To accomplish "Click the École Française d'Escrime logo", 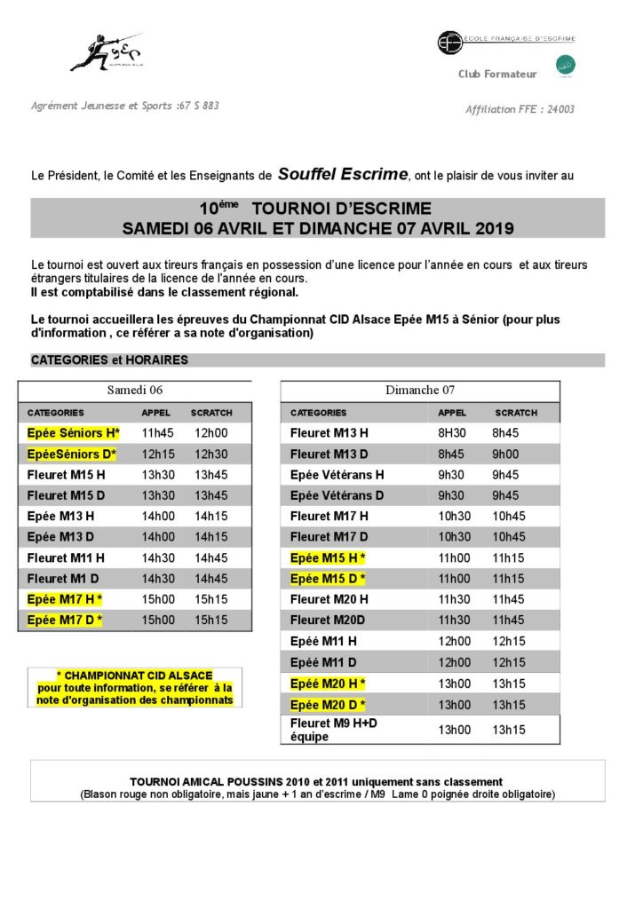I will pyautogui.click(x=505, y=40).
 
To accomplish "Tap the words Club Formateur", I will pyautogui.click(x=495, y=74).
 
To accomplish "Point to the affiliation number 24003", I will pyautogui.click(x=560, y=109).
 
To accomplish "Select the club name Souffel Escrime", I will pyautogui.click(x=343, y=174).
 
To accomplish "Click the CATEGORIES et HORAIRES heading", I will pyautogui.click(x=109, y=360).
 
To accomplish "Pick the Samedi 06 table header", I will pyautogui.click(x=135, y=390).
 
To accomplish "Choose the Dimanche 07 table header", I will pyautogui.click(x=420, y=390).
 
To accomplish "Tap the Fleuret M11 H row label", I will pyautogui.click(x=66, y=557).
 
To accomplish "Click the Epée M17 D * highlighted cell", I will pyautogui.click(x=65, y=620).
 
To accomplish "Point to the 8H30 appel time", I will pyautogui.click(x=452, y=433).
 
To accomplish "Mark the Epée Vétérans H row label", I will pyautogui.click(x=337, y=475).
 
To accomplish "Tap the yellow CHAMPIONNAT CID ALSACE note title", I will pyautogui.click(x=134, y=676).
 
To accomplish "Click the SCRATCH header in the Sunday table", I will pyautogui.click(x=516, y=413).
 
